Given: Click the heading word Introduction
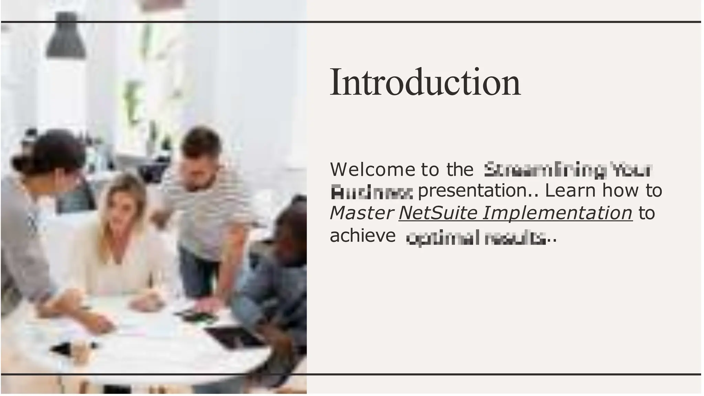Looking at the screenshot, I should point(425,83).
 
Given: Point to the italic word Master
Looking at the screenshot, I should point(361,213).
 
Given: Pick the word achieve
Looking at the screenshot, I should point(363,236).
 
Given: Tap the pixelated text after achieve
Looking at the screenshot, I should point(476,238).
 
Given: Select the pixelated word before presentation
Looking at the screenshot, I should point(371,193).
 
